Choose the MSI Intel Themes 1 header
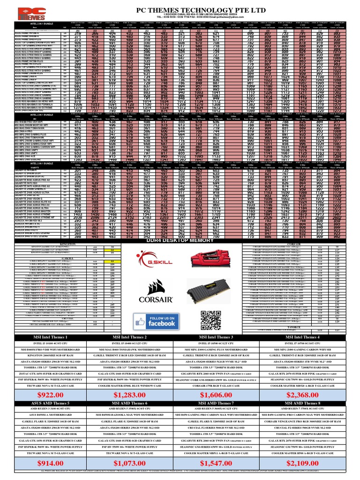(45, 337)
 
